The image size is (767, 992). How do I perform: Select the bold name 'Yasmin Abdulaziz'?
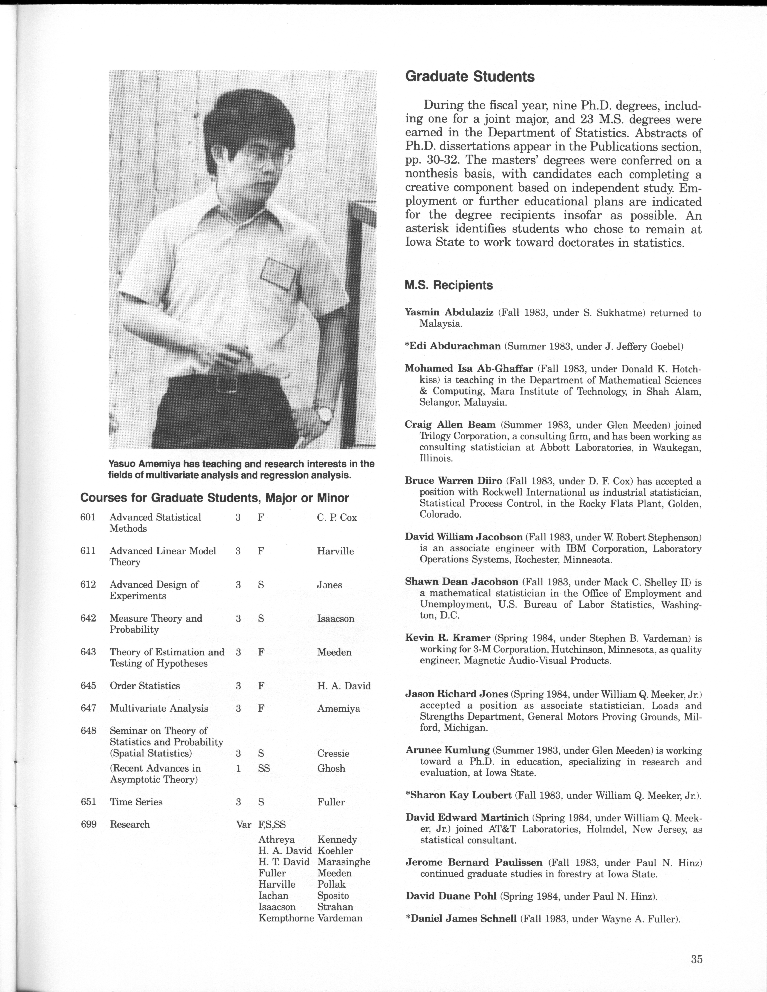pyautogui.click(x=449, y=313)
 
